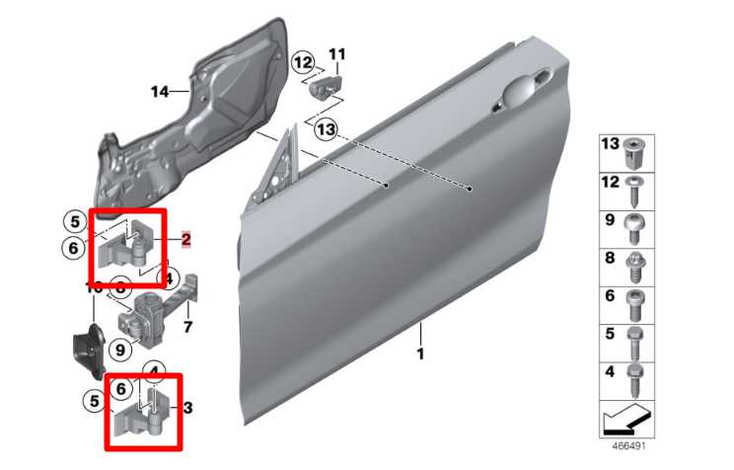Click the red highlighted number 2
pos(185,239)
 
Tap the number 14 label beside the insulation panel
pos(161,92)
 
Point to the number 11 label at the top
pos(337,53)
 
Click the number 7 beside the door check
pos(187,325)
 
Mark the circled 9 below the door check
pos(118,349)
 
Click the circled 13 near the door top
pos(326,128)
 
